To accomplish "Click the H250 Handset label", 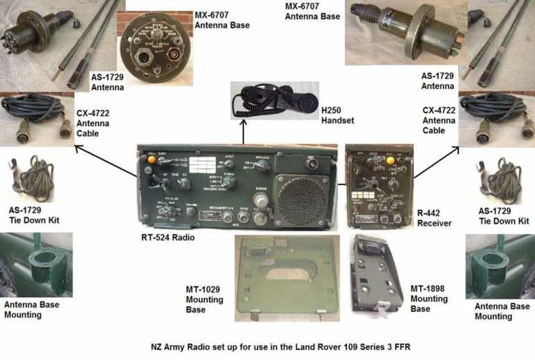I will click(338, 115).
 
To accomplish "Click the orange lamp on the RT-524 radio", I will click(151, 159).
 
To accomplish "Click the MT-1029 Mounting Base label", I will click(205, 300).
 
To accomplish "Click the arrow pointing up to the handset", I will click(243, 131).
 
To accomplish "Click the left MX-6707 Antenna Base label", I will click(222, 20).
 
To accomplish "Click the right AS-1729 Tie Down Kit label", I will click(504, 215).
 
